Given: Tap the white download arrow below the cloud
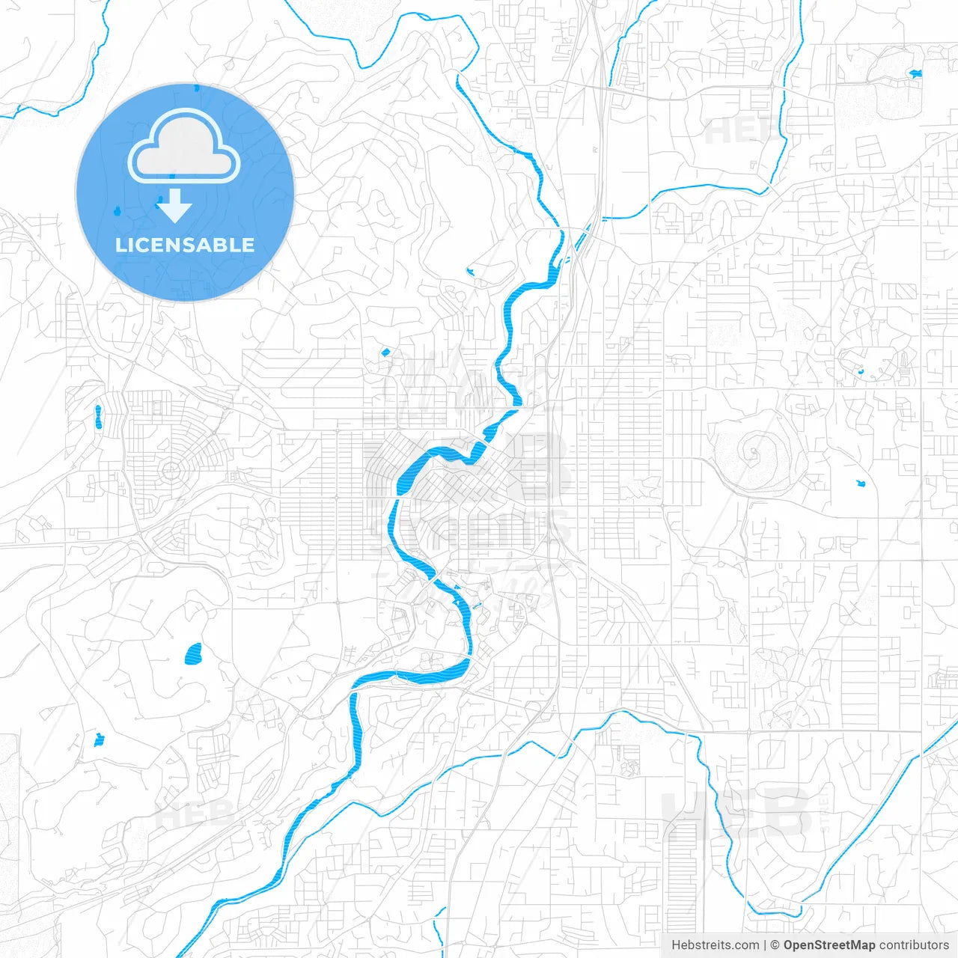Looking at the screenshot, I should coord(174,206).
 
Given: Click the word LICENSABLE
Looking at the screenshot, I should coord(185,245).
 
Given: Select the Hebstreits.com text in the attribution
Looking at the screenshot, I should coord(716,945).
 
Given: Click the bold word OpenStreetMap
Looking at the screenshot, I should coord(829,945).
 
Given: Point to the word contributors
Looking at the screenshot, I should coord(914,945).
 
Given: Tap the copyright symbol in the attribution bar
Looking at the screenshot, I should coord(775,945).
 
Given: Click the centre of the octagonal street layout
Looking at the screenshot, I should coord(171,470).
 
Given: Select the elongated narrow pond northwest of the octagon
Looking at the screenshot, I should coord(98,416).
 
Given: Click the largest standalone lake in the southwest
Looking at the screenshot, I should coord(194,655).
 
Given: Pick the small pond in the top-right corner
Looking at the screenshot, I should coord(915,73).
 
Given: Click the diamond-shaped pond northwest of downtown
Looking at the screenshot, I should coord(385,352).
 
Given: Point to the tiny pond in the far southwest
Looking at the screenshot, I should coord(99,740).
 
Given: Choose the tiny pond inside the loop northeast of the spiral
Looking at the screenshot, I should coord(861,372).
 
